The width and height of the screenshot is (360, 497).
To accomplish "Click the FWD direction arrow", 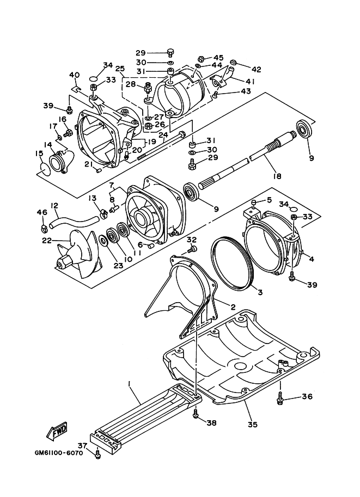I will (x=56, y=432).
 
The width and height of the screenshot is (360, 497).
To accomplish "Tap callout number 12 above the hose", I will (x=54, y=206).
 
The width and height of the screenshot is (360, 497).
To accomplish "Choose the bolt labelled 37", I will (x=97, y=453).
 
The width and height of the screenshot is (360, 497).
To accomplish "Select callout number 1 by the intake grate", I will (x=130, y=384).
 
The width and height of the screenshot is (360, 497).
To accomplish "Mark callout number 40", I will (x=75, y=75).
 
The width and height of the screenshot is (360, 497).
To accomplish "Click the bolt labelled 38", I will (x=196, y=416).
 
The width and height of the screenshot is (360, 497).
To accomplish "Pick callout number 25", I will (x=120, y=69).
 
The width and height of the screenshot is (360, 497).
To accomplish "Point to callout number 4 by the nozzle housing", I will (x=311, y=259).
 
